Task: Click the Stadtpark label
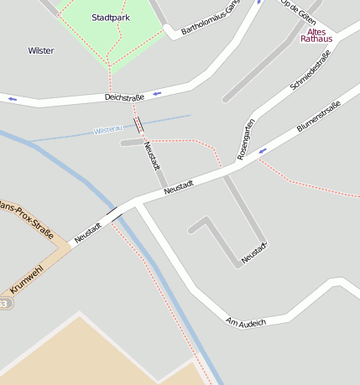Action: tap(111, 17)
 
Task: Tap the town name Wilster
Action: tap(40, 50)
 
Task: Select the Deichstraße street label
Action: tap(124, 97)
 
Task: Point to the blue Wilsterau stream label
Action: tap(109, 130)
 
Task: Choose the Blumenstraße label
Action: tap(318, 117)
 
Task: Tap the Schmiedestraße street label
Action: tap(310, 70)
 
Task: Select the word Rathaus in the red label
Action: tap(316, 39)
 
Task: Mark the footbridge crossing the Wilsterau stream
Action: tap(138, 126)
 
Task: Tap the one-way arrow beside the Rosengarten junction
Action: tap(263, 151)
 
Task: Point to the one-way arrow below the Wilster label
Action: tap(13, 99)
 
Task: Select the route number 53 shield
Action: tap(3, 304)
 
